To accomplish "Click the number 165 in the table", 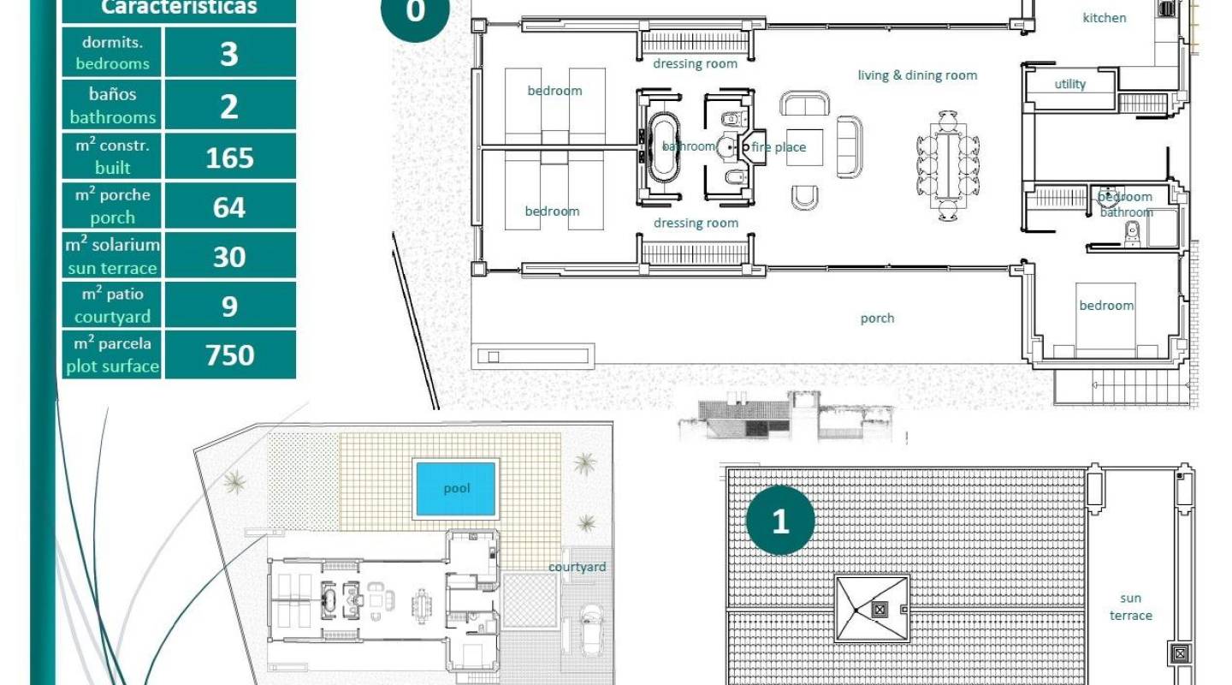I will [229, 158].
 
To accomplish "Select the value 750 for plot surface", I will [229, 354].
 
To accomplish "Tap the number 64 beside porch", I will [229, 207].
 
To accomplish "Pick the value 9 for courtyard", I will [229, 306].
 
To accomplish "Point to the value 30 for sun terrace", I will [229, 257].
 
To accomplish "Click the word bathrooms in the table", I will [113, 117].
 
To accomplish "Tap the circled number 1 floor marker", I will [779, 521].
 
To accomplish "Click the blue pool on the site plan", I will [456, 489].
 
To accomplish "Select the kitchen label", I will [1105, 18].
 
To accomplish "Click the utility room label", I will [1069, 84].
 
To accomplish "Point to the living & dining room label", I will [917, 75].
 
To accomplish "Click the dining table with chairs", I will [947, 165].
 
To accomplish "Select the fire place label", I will [779, 147].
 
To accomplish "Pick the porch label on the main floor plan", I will [877, 319].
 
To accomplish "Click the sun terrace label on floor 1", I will [1130, 607].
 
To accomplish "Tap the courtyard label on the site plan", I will [577, 567].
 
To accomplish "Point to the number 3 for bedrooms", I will [229, 53].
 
